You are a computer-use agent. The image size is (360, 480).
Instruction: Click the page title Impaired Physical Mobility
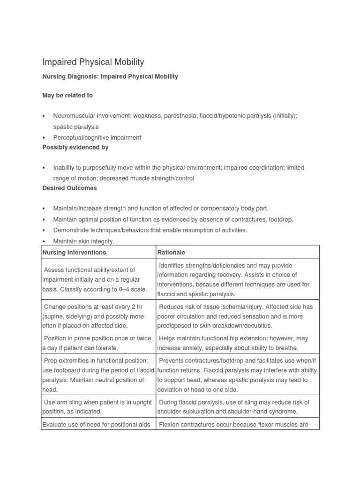(93, 62)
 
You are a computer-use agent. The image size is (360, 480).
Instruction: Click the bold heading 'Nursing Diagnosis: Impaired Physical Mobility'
(110, 76)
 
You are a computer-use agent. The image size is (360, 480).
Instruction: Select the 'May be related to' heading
(67, 95)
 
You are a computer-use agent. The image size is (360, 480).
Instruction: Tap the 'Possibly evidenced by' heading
(75, 147)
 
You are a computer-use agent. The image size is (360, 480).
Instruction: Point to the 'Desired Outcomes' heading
(70, 188)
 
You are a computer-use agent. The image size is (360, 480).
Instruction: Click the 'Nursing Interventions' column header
(75, 252)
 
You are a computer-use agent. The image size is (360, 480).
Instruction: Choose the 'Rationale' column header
(172, 252)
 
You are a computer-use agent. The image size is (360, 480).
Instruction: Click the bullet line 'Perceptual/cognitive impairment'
(97, 138)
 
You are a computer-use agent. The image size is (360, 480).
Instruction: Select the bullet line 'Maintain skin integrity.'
(84, 241)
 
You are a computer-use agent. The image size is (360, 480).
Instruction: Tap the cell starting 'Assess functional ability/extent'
(95, 279)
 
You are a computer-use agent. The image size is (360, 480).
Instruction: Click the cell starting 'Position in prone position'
(97, 343)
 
